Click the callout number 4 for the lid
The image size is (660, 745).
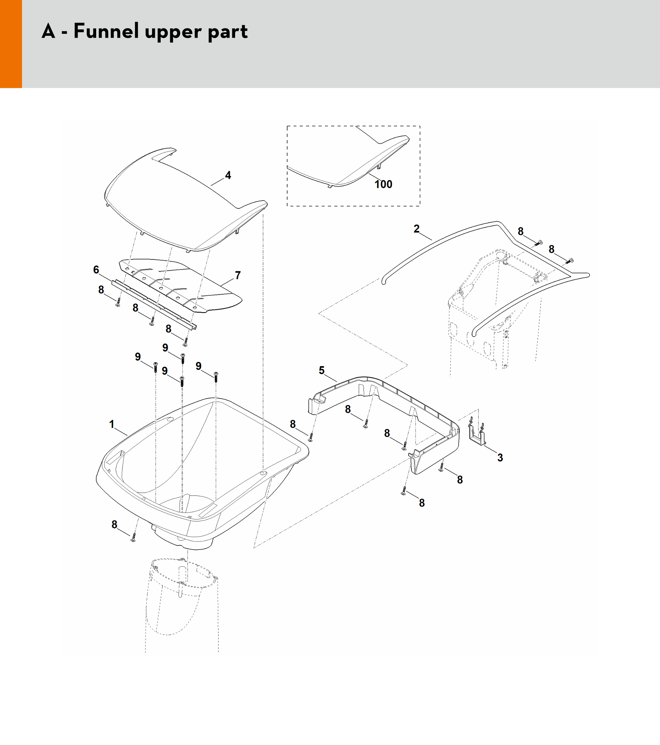click(228, 175)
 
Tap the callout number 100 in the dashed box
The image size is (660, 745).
click(383, 184)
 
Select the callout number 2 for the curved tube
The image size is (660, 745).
click(417, 229)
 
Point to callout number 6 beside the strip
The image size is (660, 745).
click(96, 270)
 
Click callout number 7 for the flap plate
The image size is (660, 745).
click(238, 275)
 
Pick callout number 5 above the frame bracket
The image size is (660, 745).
click(321, 370)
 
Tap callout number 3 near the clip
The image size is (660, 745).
click(500, 458)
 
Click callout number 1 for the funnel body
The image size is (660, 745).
click(112, 424)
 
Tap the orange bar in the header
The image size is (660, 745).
click(11, 44)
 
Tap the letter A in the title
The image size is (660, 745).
click(49, 31)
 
